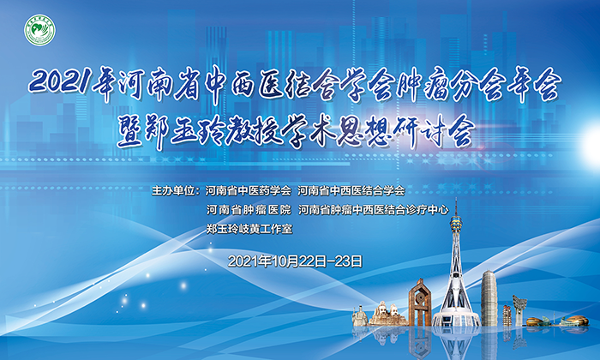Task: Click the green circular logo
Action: pos(39,30)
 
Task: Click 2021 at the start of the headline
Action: pos(59,82)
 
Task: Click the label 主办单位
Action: pos(174,190)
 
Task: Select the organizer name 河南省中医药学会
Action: pos(249,190)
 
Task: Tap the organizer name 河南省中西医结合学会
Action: pos(351,190)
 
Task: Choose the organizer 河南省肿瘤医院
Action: pos(249,210)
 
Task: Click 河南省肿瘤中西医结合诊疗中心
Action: pos(374,210)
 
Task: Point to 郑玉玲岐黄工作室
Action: pos(249,229)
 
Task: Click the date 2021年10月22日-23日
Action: pos(295,261)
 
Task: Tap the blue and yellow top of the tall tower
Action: pos(456,223)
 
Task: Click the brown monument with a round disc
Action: pos(420,303)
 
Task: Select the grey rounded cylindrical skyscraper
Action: pos(489,298)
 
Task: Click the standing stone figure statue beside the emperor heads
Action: pos(360,316)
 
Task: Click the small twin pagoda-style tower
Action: pos(507,315)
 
